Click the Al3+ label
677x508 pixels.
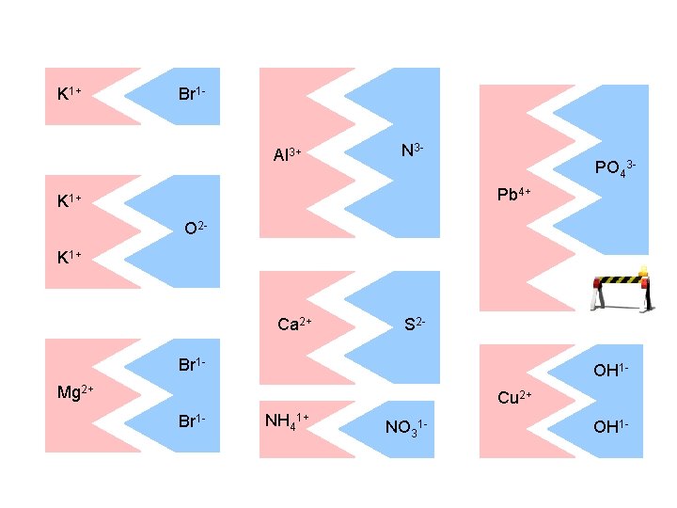(287, 154)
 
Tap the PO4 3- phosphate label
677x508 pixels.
(616, 169)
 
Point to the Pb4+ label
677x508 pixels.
(514, 195)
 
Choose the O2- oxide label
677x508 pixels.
(196, 229)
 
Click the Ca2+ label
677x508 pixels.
(294, 325)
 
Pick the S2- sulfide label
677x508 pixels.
(415, 325)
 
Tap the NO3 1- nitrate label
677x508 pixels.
(406, 427)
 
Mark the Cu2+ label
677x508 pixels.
(515, 398)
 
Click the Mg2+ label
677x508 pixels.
(74, 391)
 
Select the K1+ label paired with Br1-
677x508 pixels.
(70, 93)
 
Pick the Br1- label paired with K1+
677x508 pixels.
(192, 94)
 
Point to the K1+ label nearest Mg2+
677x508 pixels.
(70, 255)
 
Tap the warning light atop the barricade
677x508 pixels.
(643, 273)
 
